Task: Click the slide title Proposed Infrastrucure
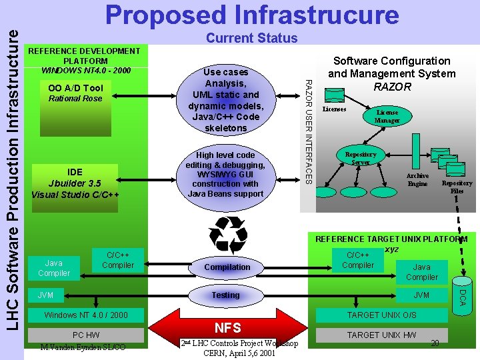[251, 15]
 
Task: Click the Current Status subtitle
[251, 38]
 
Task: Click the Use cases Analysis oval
[225, 100]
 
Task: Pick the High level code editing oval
[225, 175]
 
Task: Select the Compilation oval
[227, 267]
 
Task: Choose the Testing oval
[225, 295]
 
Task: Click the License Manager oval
[387, 116]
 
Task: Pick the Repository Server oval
[361, 158]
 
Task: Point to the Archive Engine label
[417, 180]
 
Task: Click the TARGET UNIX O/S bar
[382, 315]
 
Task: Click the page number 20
[434, 343]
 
